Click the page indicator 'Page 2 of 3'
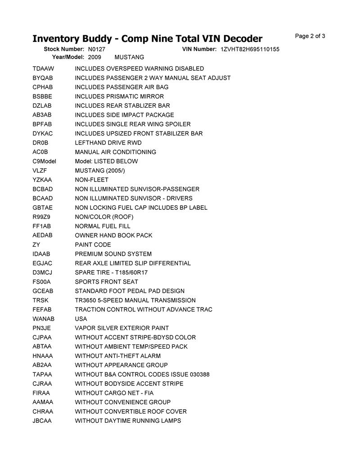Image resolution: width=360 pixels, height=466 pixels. coord(310,36)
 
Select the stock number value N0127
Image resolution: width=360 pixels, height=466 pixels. coord(97,49)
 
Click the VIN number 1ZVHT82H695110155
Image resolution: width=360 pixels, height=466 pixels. coord(250,49)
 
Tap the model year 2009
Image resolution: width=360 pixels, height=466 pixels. coord(94,57)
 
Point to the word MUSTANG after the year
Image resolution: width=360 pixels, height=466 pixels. coord(129,57)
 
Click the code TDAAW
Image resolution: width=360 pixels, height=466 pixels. coord(43,68)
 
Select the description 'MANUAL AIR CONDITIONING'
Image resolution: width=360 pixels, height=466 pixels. coord(116,152)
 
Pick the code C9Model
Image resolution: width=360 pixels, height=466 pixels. coord(44,161)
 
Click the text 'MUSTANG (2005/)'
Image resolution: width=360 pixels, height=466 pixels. coord(100,171)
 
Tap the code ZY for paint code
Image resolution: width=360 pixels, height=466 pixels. coord(36,244)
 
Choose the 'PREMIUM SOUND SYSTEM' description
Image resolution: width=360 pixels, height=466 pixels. coord(113,254)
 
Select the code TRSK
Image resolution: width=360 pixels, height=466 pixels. coord(40,300)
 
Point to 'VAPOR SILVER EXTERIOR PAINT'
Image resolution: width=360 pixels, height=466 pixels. coord(122,328)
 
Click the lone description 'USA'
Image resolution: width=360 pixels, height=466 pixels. coord(81,319)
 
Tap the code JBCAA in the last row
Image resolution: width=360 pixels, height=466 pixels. coord(42,421)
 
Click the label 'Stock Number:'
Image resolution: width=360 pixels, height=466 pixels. coord(64,49)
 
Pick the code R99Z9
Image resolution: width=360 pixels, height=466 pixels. coord(41,217)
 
